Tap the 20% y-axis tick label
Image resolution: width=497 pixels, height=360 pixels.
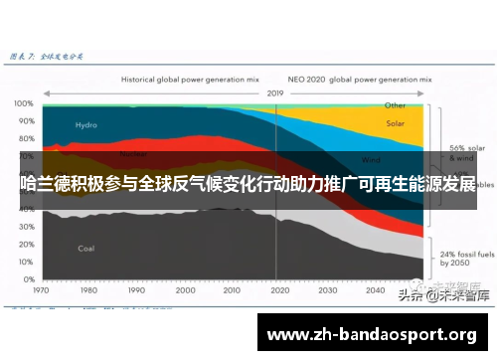click(x=22, y=231)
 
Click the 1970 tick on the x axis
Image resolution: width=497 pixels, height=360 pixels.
click(x=41, y=277)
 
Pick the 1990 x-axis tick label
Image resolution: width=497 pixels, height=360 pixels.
click(x=136, y=277)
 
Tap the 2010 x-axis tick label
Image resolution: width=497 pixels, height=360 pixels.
click(x=231, y=277)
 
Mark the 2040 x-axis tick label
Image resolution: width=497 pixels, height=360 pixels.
click(x=374, y=277)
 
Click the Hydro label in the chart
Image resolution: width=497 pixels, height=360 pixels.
click(x=86, y=125)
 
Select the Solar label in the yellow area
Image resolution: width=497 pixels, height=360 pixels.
click(x=395, y=124)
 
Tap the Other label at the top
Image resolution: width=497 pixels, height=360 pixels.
click(x=395, y=104)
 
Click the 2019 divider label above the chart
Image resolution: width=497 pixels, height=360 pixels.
click(x=275, y=92)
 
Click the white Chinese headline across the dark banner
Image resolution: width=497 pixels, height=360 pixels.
click(x=248, y=182)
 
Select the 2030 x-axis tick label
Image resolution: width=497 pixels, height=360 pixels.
click(x=326, y=277)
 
